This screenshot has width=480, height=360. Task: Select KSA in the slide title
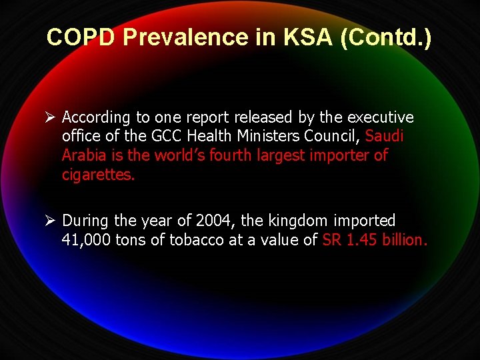(304, 37)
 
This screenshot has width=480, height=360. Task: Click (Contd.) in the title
(386, 38)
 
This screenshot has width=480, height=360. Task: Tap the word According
(96, 118)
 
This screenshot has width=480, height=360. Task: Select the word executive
(380, 117)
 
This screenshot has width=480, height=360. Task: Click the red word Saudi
(385, 137)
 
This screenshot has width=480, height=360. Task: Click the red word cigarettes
(98, 175)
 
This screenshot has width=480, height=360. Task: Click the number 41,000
(86, 240)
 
